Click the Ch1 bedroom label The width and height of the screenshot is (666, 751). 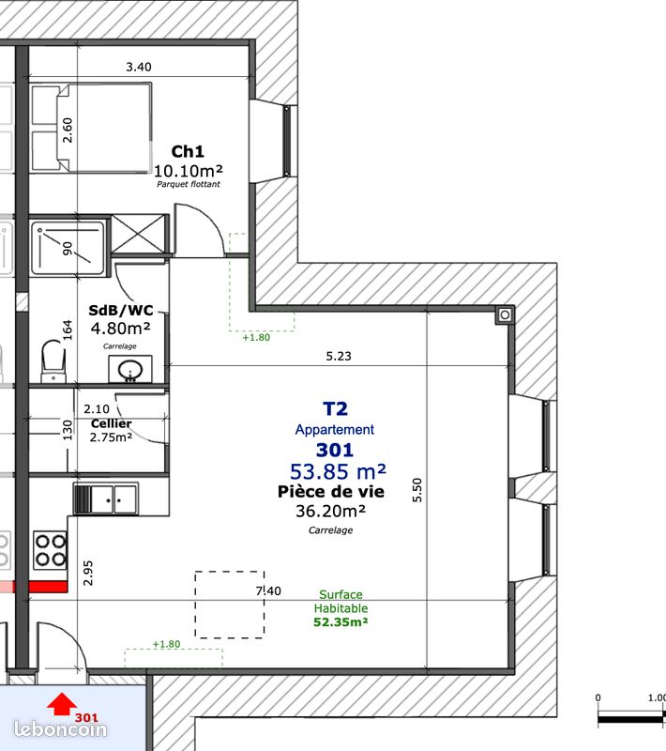(188, 151)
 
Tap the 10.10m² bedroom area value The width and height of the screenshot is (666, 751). (188, 171)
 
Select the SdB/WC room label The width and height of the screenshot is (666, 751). (121, 311)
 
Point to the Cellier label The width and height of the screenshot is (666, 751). (111, 423)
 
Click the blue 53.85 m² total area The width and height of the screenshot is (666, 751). (338, 472)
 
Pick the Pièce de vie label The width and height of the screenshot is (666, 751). (331, 492)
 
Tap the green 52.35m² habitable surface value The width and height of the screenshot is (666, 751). (341, 622)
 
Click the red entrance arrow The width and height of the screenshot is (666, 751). (62, 703)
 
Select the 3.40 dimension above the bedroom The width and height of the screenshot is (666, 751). (139, 67)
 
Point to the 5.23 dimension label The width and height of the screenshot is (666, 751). (339, 356)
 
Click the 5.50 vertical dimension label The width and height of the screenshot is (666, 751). (417, 490)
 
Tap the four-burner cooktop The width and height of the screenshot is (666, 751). (50, 550)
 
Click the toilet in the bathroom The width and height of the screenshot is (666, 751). (53, 361)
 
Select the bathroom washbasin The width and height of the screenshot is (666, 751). (130, 369)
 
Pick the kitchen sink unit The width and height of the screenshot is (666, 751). (106, 498)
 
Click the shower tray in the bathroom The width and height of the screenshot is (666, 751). (68, 248)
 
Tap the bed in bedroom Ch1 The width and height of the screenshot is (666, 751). (91, 128)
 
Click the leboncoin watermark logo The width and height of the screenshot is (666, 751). (60, 729)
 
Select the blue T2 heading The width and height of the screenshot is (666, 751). (335, 409)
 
